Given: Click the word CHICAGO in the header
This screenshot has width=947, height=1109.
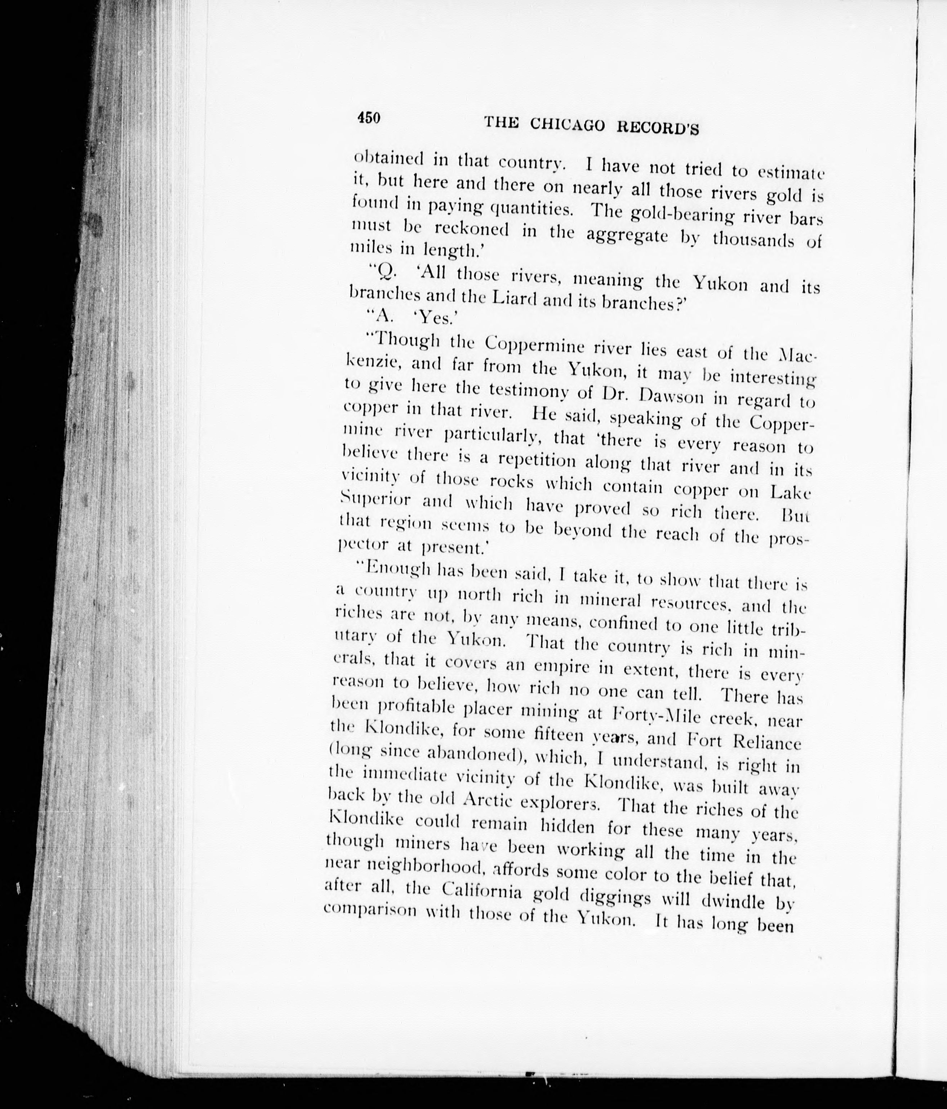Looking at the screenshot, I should (x=568, y=125).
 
